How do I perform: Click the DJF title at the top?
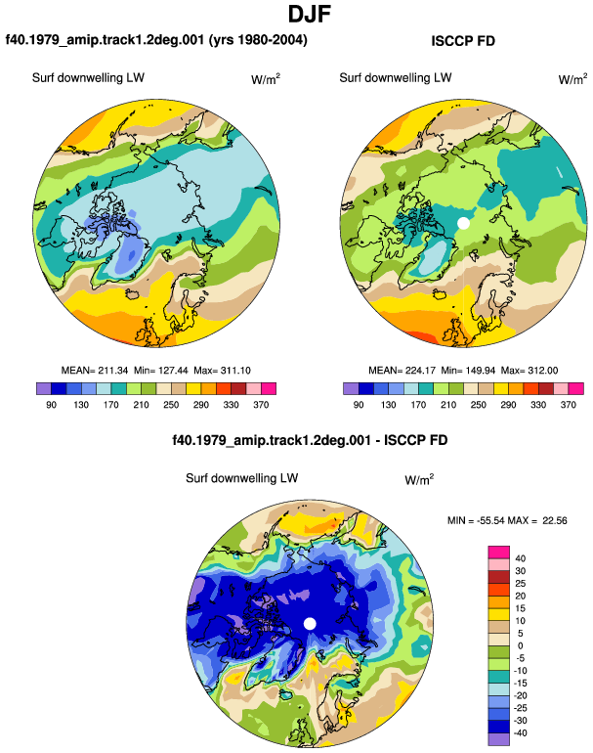(310, 14)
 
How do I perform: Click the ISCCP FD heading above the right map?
(463, 41)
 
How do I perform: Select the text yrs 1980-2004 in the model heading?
(258, 39)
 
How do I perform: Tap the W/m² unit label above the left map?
(266, 79)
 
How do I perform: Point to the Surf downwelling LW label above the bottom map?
(242, 478)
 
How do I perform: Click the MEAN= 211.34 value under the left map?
(95, 371)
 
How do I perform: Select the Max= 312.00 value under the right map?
(529, 371)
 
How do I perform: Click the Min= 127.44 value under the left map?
(161, 371)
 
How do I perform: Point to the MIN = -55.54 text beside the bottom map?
(477, 520)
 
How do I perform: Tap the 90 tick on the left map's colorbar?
(52, 405)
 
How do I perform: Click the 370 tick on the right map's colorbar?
(568, 405)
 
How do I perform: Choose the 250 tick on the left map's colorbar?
(171, 405)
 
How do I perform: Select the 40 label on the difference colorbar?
(520, 558)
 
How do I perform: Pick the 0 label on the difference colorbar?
(520, 645)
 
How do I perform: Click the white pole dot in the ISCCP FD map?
(463, 223)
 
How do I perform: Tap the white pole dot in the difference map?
(310, 624)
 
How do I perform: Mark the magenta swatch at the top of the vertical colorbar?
(499, 553)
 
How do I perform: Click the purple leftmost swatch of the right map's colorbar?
(351, 388)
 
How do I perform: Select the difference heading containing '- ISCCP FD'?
(310, 440)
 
